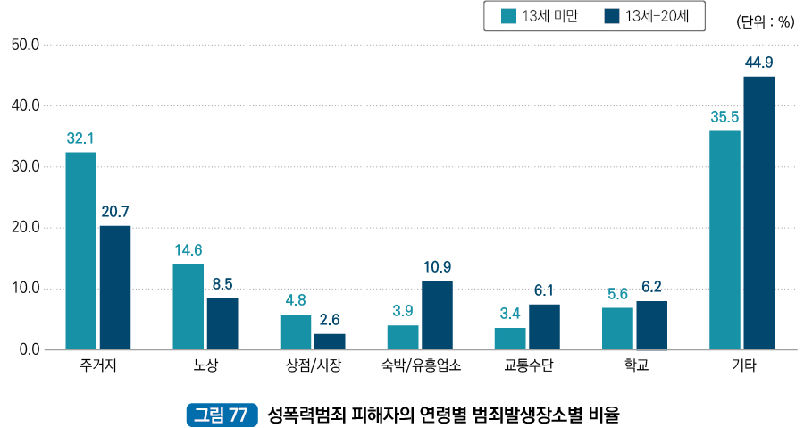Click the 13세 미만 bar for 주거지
80,250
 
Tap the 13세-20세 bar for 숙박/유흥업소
437,315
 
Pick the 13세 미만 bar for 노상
188,306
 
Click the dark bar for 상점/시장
330,341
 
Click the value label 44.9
758,62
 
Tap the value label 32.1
80,138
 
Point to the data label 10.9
437,266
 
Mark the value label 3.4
510,313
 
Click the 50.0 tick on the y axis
24,45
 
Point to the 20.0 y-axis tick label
24,228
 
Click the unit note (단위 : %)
765,22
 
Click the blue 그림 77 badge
221,415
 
